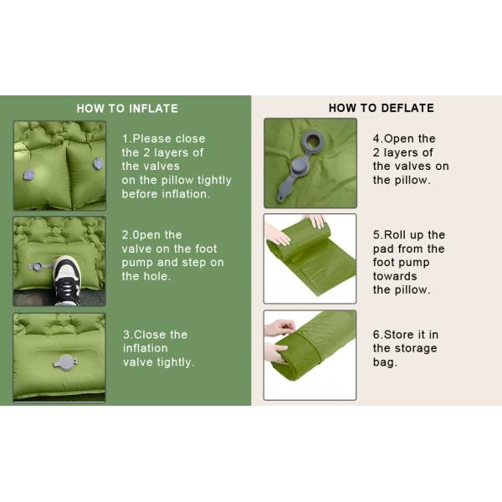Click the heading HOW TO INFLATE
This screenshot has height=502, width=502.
[x=127, y=108]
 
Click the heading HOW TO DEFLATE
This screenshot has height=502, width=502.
[x=381, y=108]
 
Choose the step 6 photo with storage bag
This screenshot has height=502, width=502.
[x=310, y=355]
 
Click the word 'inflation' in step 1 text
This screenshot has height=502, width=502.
[x=184, y=194]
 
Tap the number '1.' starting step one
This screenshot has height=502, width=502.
[x=127, y=139]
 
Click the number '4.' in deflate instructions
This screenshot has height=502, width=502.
[x=378, y=139]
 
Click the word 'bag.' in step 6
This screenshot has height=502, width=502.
[x=386, y=362]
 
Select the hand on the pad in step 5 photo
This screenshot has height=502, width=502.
[x=315, y=221]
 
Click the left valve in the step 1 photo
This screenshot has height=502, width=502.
[x=29, y=175]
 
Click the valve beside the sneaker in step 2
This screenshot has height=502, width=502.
[x=38, y=267]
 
